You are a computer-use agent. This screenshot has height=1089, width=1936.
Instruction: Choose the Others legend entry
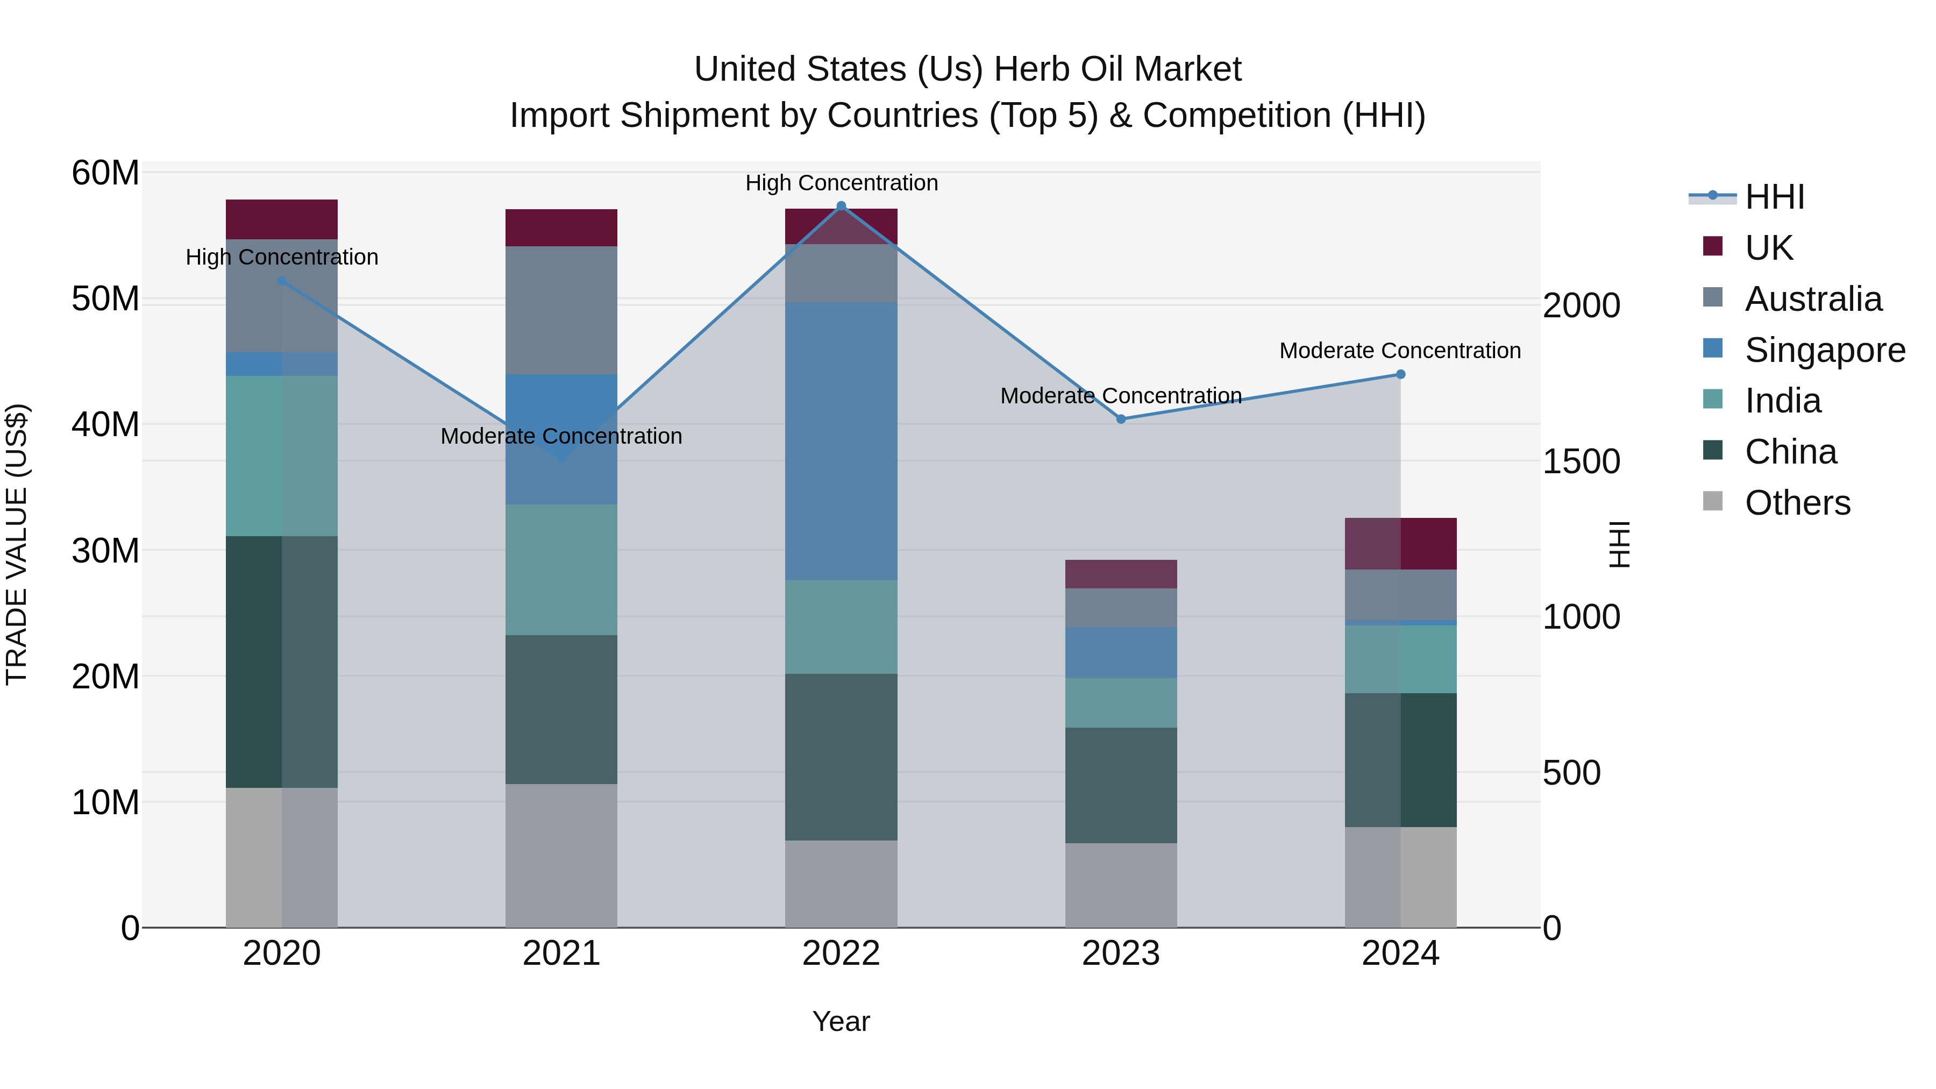tap(1797, 503)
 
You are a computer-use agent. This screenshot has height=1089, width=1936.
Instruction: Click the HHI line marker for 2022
tap(841, 206)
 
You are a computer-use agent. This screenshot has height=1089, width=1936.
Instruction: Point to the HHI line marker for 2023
tap(1121, 419)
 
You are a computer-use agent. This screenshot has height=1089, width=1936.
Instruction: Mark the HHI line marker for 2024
tap(1400, 374)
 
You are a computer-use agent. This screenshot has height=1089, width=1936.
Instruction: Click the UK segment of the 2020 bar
tap(282, 219)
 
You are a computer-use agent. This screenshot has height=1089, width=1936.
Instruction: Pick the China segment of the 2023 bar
tap(1121, 785)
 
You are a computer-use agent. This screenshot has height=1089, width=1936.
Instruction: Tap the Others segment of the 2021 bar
tap(561, 856)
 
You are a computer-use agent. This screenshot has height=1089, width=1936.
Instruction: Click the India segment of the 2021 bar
tap(561, 570)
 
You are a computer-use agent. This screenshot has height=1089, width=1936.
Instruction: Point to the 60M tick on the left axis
tap(105, 174)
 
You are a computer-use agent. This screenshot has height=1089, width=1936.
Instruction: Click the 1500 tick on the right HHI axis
tap(1581, 462)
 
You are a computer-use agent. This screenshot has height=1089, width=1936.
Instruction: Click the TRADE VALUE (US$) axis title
tap(17, 544)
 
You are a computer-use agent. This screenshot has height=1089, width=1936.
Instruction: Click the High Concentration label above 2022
tap(841, 183)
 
